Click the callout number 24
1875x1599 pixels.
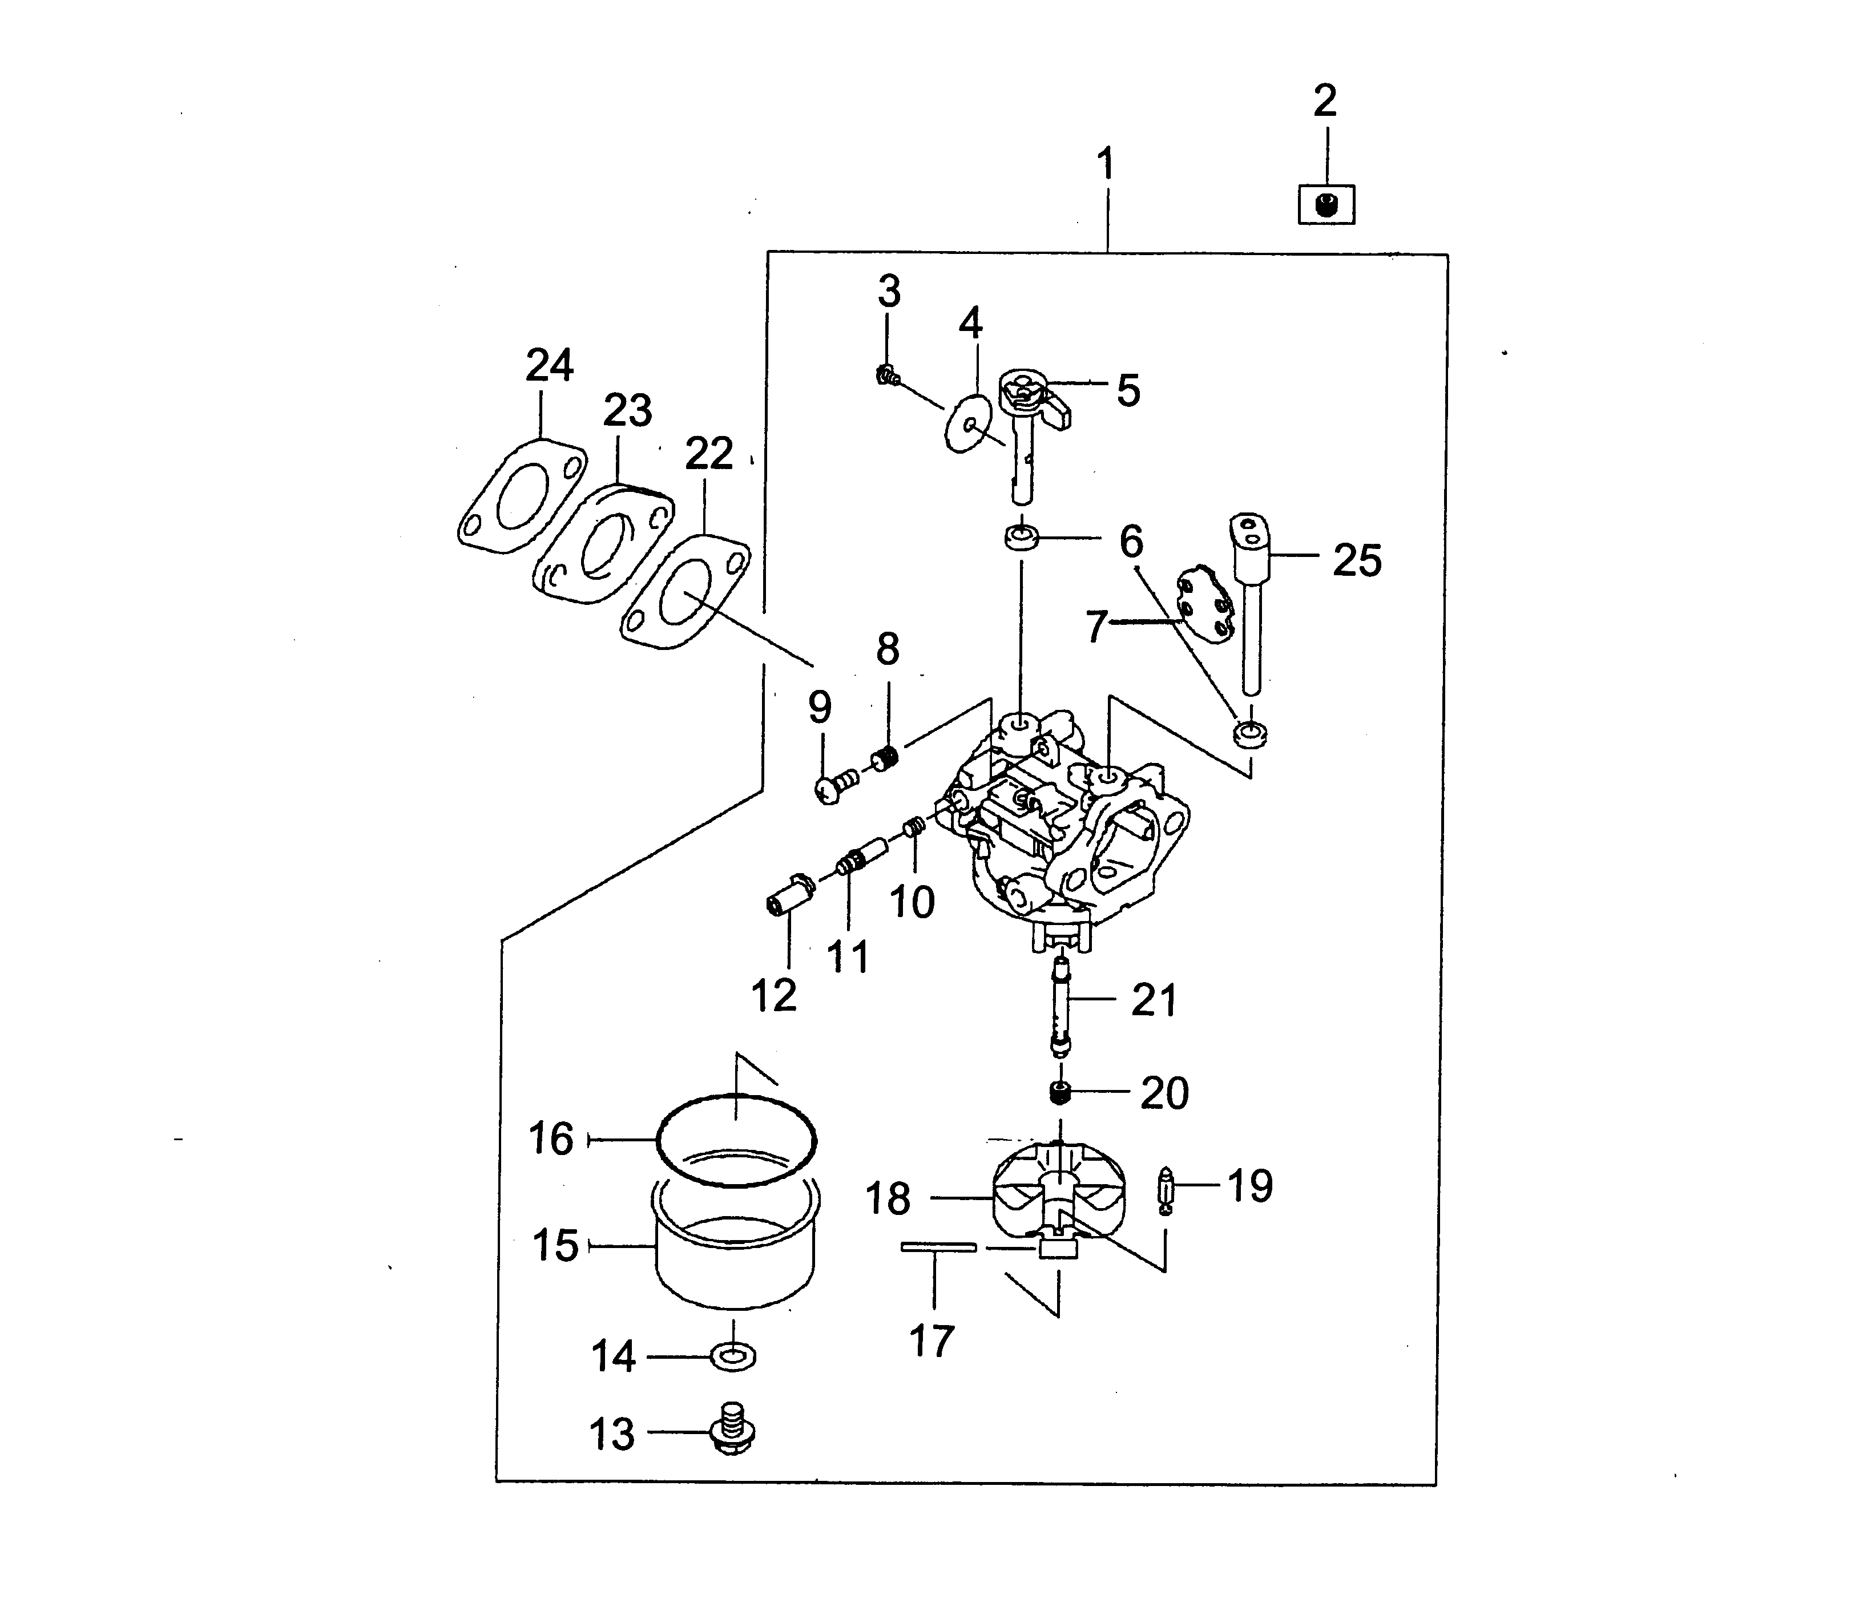[x=549, y=366]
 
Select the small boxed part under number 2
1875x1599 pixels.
[x=1326, y=204]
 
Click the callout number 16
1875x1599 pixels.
[x=551, y=1138]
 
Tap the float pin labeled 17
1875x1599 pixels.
[x=938, y=1247]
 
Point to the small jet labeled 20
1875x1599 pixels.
[x=1061, y=1093]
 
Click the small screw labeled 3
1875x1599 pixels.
[x=887, y=375]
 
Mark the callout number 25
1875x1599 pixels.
[x=1357, y=560]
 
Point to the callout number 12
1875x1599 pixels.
[x=774, y=996]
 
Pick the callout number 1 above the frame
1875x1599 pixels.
[x=1105, y=165]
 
